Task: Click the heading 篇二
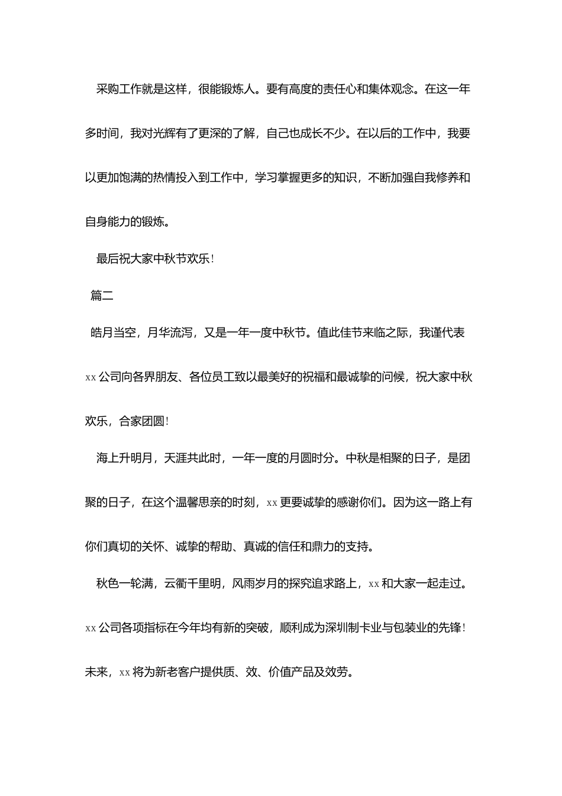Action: [x=102, y=296]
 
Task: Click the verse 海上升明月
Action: [x=125, y=458]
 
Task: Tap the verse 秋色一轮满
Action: [x=125, y=584]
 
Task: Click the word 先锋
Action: [x=449, y=628]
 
